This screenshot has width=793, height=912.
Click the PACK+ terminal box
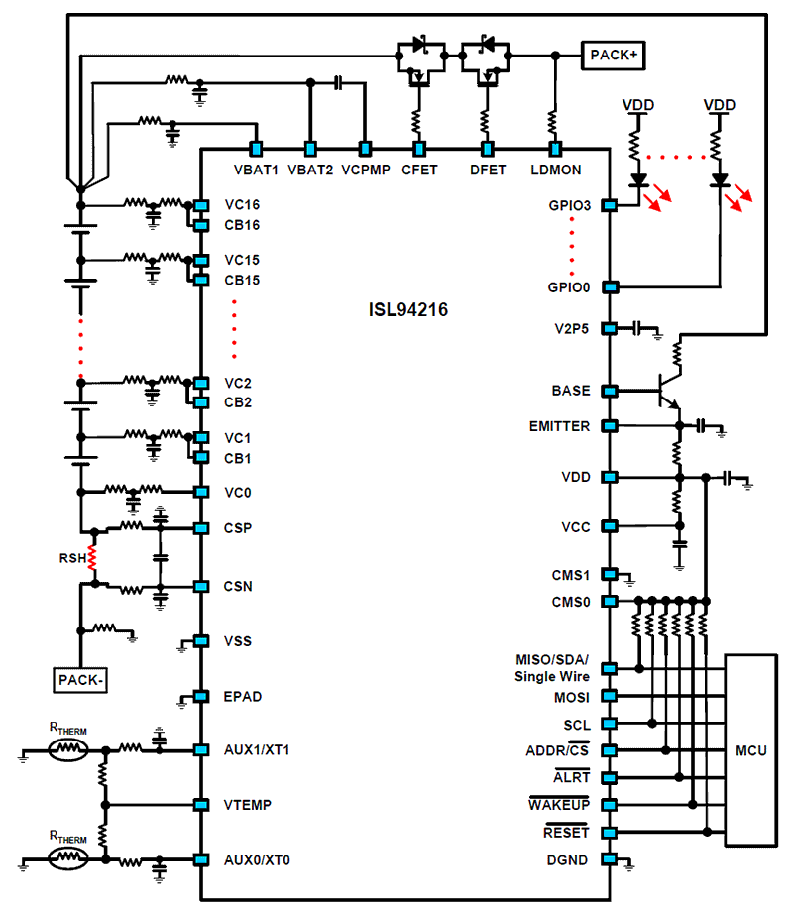click(614, 56)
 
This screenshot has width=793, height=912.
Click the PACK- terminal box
click(80, 680)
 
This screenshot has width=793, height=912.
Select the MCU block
click(751, 750)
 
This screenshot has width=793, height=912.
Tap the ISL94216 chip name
click(408, 309)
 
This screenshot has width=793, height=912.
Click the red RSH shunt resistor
click(91, 558)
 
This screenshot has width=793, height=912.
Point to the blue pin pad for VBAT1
click(256, 149)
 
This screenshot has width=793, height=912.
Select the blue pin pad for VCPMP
click(365, 149)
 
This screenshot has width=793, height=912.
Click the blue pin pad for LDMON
click(556, 149)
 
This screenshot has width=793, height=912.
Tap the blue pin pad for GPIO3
click(610, 205)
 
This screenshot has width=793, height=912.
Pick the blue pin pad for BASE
click(610, 391)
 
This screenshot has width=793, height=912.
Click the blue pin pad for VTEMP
click(201, 805)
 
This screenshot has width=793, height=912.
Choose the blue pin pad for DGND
click(610, 859)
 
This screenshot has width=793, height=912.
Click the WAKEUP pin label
click(559, 804)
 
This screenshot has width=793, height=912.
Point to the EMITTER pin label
click(559, 426)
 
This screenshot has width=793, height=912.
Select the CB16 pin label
click(242, 225)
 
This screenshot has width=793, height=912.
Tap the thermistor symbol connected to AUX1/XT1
click(68, 750)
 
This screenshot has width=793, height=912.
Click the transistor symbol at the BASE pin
click(669, 391)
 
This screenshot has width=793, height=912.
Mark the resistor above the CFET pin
click(416, 123)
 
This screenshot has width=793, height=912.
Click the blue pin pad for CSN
click(201, 586)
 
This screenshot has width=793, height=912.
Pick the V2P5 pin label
click(571, 329)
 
